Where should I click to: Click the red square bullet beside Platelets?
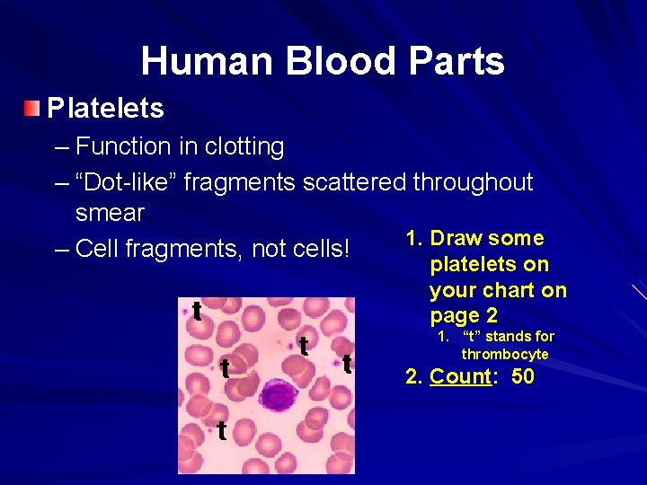(x=33, y=109)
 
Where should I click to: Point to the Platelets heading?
(x=105, y=109)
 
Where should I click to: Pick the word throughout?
(x=474, y=182)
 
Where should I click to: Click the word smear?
(x=110, y=213)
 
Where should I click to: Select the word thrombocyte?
(x=505, y=354)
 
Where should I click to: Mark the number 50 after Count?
(x=522, y=376)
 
